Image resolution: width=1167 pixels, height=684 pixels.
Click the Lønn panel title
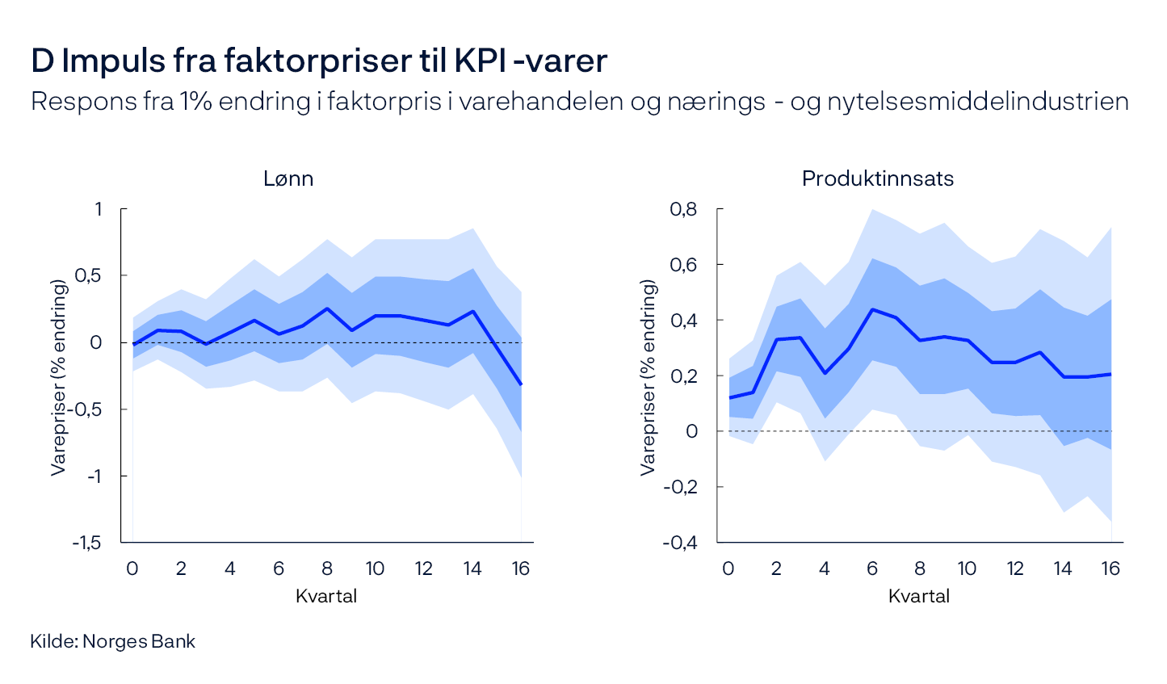pyautogui.click(x=288, y=178)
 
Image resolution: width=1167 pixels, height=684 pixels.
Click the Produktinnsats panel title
pyautogui.click(x=877, y=178)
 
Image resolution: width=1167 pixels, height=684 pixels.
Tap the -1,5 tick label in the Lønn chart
pyautogui.click(x=87, y=543)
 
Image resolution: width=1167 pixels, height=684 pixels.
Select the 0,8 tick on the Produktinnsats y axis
pyautogui.click(x=683, y=209)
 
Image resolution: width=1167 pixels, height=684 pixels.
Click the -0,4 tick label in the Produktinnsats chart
pyautogui.click(x=680, y=543)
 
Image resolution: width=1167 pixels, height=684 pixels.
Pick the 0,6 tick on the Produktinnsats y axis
pyautogui.click(x=683, y=265)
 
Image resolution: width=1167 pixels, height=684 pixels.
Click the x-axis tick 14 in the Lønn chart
pyautogui.click(x=472, y=569)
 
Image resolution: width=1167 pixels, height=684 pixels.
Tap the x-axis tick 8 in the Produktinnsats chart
pyautogui.click(x=919, y=569)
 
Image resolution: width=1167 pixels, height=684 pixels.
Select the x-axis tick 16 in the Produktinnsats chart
pyautogui.click(x=1110, y=569)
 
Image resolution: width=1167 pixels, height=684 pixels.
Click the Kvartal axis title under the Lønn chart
pyautogui.click(x=326, y=597)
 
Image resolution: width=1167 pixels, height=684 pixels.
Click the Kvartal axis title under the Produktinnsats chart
pyautogui.click(x=919, y=597)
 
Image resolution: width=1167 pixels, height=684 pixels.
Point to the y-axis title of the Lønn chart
pyautogui.click(x=58, y=376)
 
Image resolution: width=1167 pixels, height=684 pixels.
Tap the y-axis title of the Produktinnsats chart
pyautogui.click(x=648, y=376)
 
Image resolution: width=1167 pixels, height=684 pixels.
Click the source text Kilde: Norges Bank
pyautogui.click(x=113, y=642)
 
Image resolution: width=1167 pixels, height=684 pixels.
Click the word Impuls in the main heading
pyautogui.click(x=113, y=61)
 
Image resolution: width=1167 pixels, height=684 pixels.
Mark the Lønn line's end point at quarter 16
pyautogui.click(x=521, y=384)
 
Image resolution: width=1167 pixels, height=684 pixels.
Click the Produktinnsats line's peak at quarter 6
pyautogui.click(x=872, y=309)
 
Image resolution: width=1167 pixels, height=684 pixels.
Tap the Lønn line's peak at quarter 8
pyautogui.click(x=327, y=308)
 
